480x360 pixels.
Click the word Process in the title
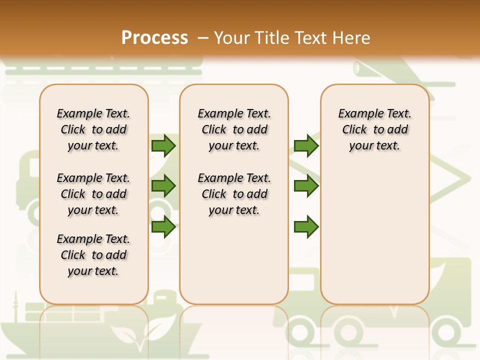click(x=154, y=38)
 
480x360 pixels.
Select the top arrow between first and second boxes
click(x=163, y=145)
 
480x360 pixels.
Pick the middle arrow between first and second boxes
click(x=163, y=186)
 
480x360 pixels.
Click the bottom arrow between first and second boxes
click(x=163, y=227)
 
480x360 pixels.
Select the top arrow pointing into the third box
click(x=306, y=145)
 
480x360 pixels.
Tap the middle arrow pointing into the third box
click(x=306, y=186)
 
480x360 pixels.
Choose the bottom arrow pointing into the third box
click(x=306, y=227)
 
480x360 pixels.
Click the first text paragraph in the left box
click(x=93, y=129)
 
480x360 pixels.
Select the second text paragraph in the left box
click(x=93, y=194)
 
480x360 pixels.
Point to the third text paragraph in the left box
click(x=93, y=255)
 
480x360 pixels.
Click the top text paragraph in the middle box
click(x=234, y=129)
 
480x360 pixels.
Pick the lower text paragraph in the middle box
click(x=234, y=194)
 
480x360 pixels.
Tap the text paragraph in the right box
click(x=374, y=129)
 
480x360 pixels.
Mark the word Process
click(x=154, y=38)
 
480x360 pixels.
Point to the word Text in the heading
click(x=311, y=38)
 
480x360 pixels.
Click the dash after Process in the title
click(x=203, y=38)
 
